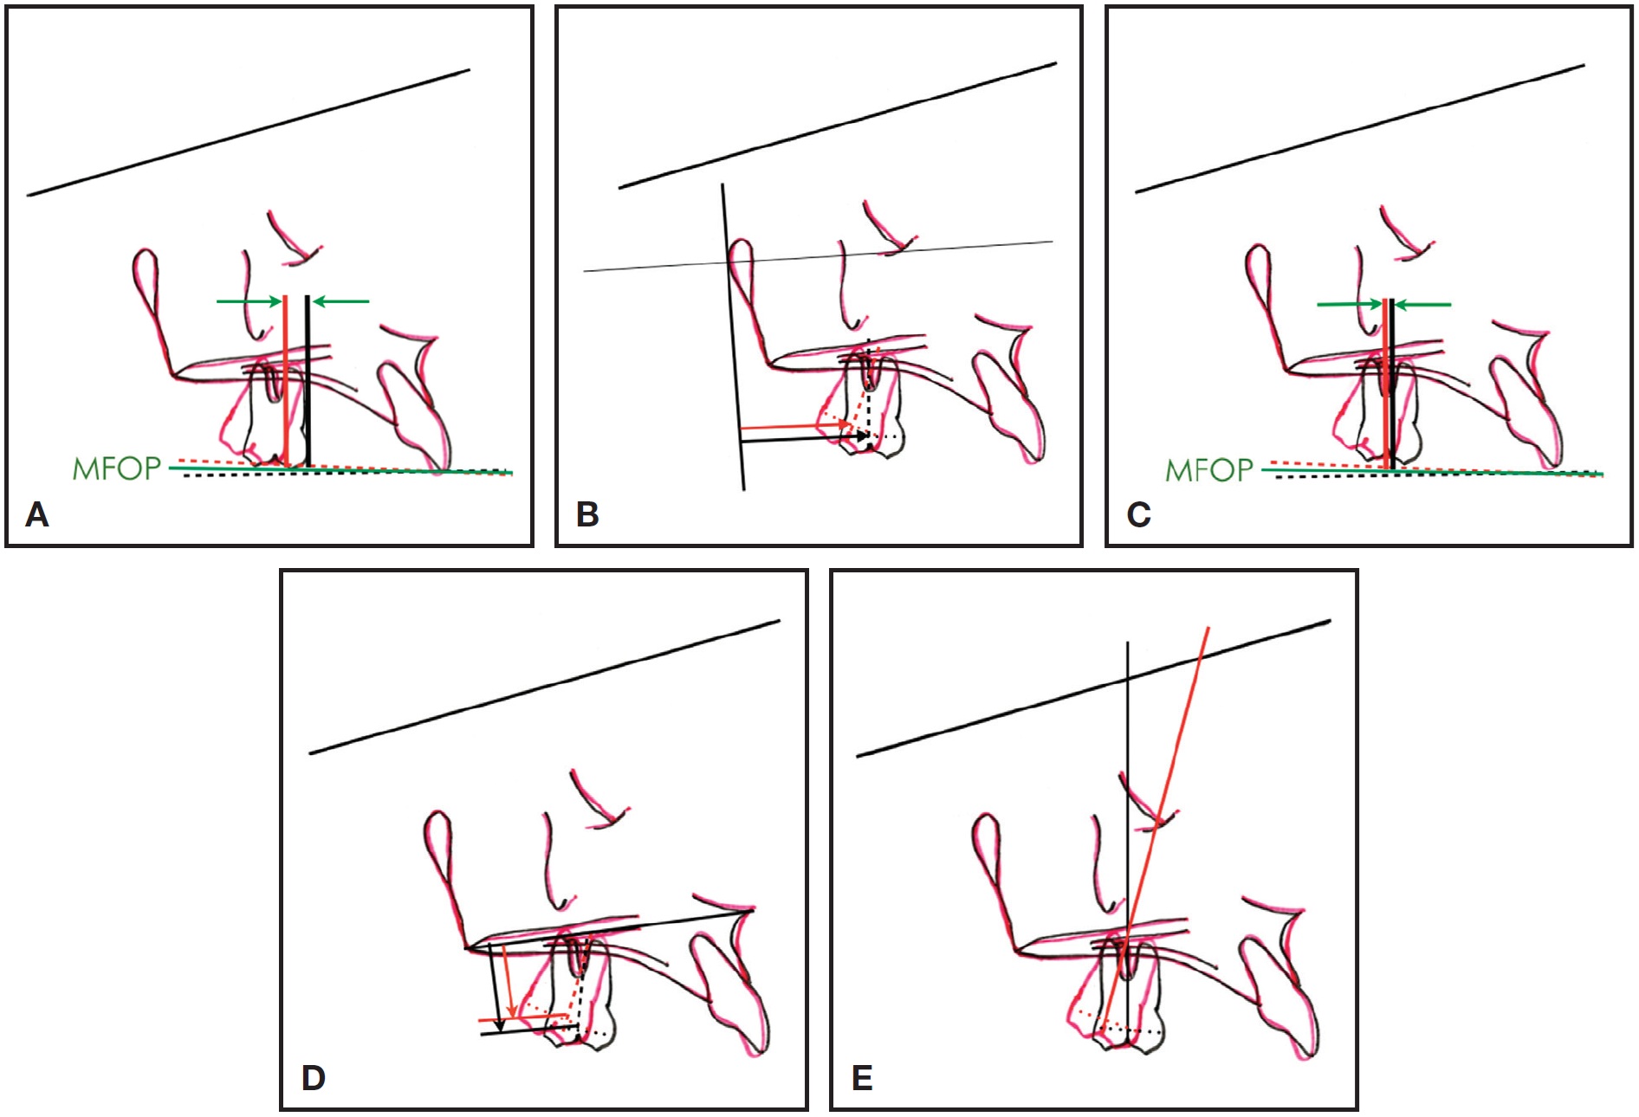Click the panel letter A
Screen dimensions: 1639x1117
pyautogui.click(x=37, y=515)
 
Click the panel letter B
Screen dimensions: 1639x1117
pyautogui.click(x=587, y=515)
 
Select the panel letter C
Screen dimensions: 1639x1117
pyautogui.click(x=1138, y=515)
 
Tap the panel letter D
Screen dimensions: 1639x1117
pyautogui.click(x=313, y=1079)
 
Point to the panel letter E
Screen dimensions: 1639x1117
pyautogui.click(x=862, y=1079)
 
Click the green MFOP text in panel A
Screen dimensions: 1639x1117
pyautogui.click(x=117, y=468)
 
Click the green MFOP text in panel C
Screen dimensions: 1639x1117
pyautogui.click(x=1209, y=470)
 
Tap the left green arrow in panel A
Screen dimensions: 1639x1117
pyautogui.click(x=249, y=301)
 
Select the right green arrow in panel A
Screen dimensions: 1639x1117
pyautogui.click(x=340, y=301)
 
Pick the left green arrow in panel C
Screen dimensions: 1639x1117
pyautogui.click(x=1350, y=304)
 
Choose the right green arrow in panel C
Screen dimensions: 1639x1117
pyautogui.click(x=1423, y=304)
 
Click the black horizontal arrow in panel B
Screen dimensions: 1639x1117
pyautogui.click(x=805, y=439)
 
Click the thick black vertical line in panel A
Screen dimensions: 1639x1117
pyautogui.click(x=308, y=381)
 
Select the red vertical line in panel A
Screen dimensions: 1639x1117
pyautogui.click(x=285, y=380)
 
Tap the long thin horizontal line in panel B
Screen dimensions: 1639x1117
pyautogui.click(x=819, y=256)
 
